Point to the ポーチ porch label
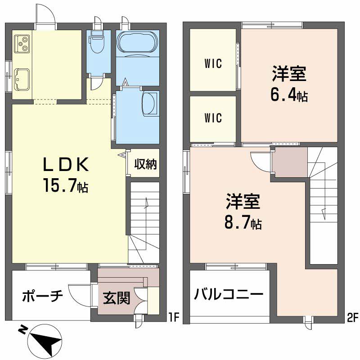point(42,297)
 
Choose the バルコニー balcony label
point(229,295)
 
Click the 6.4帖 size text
point(289,95)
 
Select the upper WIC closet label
point(213,64)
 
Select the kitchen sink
point(22,79)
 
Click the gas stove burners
point(22,42)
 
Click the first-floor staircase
point(144,220)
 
